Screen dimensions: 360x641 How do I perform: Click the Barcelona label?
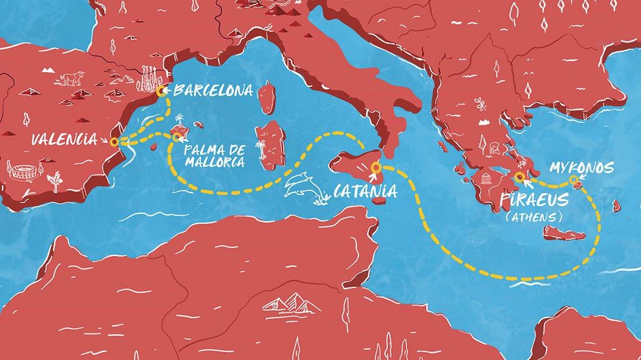coord(213,90)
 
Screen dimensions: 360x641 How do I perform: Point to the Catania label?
coord(365,192)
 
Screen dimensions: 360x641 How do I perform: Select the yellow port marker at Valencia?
coord(114,141)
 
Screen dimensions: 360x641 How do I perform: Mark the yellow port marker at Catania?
coord(375,166)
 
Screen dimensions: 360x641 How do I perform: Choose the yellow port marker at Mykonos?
coord(574,180)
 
